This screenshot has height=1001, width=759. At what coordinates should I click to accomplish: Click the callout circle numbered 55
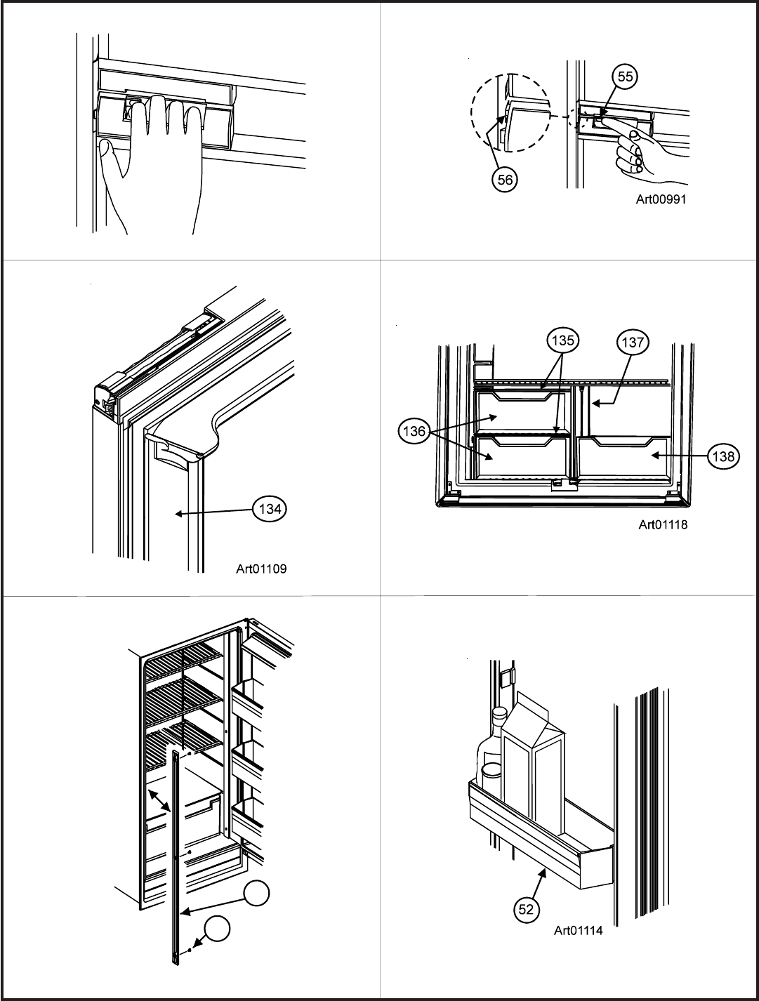pos(623,77)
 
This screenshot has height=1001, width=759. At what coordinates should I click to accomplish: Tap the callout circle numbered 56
pos(505,180)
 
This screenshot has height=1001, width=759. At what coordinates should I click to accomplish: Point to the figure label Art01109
pos(261,570)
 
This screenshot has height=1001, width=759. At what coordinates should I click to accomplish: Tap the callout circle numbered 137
pos(633,342)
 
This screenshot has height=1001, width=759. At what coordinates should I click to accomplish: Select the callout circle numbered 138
pos(723,456)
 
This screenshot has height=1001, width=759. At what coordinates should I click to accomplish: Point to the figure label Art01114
pos(579,932)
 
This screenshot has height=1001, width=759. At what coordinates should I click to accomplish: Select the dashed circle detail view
pos(510,114)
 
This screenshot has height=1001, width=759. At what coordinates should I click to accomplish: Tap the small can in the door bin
pos(491,776)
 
